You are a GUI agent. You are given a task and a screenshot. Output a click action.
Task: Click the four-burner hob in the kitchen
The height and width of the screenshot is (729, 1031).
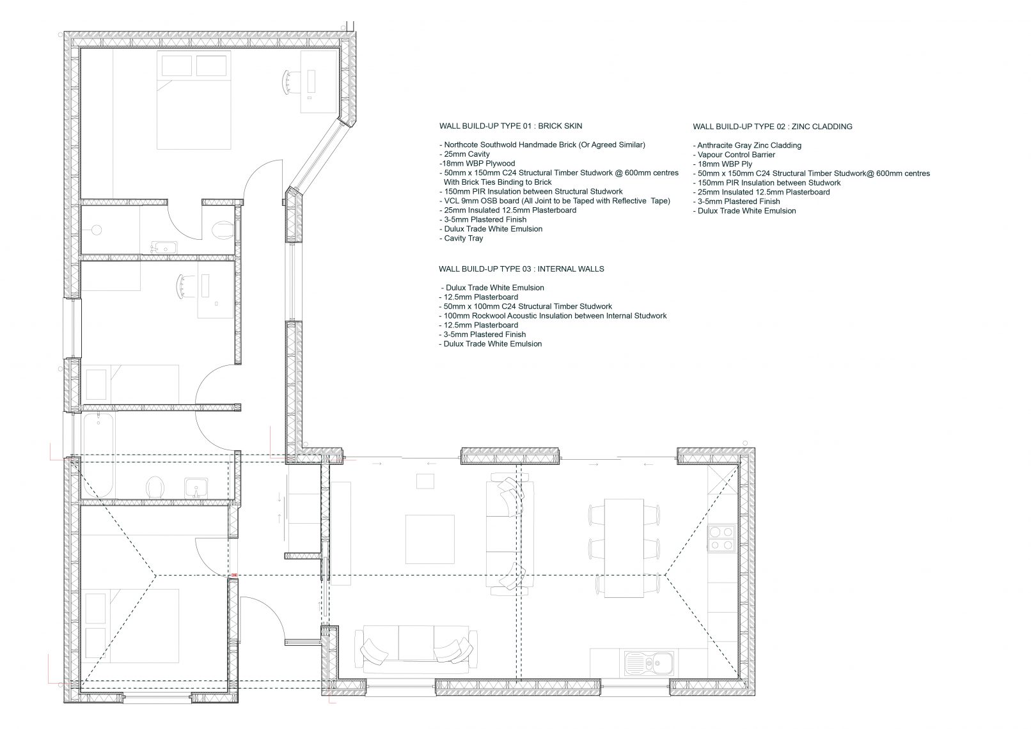(x=721, y=538)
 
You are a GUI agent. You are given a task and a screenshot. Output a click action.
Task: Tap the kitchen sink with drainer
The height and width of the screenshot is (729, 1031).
(x=649, y=663)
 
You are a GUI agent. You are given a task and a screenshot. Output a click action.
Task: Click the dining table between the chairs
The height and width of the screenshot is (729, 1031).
(x=624, y=547)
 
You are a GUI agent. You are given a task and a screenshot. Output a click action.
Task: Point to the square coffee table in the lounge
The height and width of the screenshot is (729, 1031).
(x=430, y=539)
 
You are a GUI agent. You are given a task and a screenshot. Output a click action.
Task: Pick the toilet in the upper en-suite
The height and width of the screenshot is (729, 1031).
(x=223, y=229)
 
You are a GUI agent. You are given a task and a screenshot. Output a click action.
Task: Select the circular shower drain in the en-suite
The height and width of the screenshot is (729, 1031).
(x=96, y=230)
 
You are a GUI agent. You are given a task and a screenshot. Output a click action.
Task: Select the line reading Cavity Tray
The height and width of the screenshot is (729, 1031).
(x=461, y=239)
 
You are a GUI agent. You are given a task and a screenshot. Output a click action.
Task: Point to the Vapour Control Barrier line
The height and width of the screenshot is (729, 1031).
(x=734, y=155)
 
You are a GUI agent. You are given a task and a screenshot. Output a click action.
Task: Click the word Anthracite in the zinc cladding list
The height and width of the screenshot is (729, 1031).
(x=715, y=145)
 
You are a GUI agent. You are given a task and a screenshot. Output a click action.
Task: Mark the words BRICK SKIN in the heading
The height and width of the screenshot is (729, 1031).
(x=560, y=125)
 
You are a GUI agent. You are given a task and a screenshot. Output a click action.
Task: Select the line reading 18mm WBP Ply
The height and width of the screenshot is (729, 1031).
(x=723, y=164)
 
